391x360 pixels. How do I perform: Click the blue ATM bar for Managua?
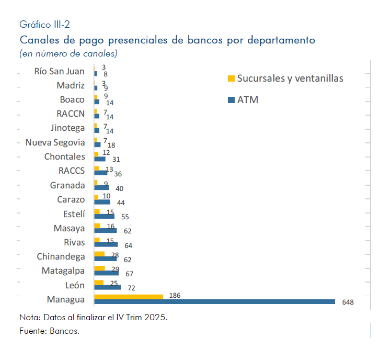click(214, 301)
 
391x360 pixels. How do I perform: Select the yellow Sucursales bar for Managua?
click(129, 297)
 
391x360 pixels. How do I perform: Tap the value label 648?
click(348, 302)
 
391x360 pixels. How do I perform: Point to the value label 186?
click(175, 296)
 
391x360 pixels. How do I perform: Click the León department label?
click(75, 285)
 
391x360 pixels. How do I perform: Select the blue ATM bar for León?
click(108, 287)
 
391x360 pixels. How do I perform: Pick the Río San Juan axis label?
click(59, 72)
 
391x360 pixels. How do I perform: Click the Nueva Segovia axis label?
click(55, 142)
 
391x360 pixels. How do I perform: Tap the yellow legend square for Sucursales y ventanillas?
click(231, 79)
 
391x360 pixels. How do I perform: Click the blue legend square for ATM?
click(231, 99)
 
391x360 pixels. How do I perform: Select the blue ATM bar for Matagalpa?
click(106, 273)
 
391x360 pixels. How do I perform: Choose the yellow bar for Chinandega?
click(99, 254)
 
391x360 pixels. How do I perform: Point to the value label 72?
click(131, 288)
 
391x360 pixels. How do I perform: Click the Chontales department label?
click(64, 156)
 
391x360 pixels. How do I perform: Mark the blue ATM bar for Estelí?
click(104, 216)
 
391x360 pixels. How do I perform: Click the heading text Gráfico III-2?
click(44, 25)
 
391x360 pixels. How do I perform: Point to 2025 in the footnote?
click(155, 318)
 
